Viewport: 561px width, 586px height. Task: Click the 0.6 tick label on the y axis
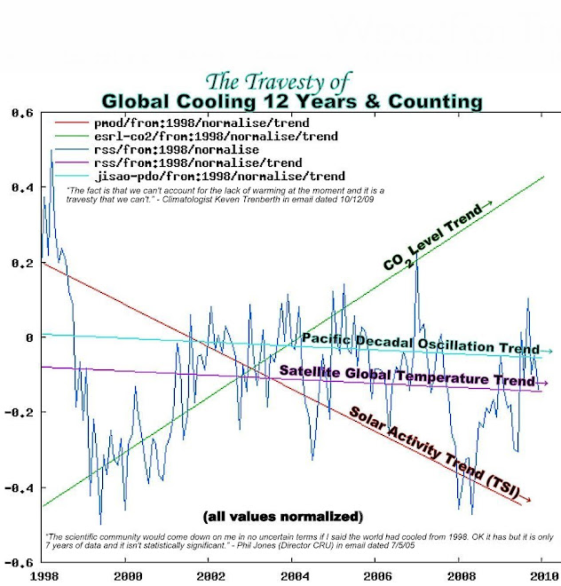[21, 114]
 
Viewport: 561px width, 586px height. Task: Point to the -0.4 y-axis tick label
[19, 487]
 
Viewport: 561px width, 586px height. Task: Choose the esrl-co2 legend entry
[213, 136]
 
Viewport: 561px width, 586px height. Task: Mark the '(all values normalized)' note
[282, 516]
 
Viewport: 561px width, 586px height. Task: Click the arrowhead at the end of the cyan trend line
[549, 352]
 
